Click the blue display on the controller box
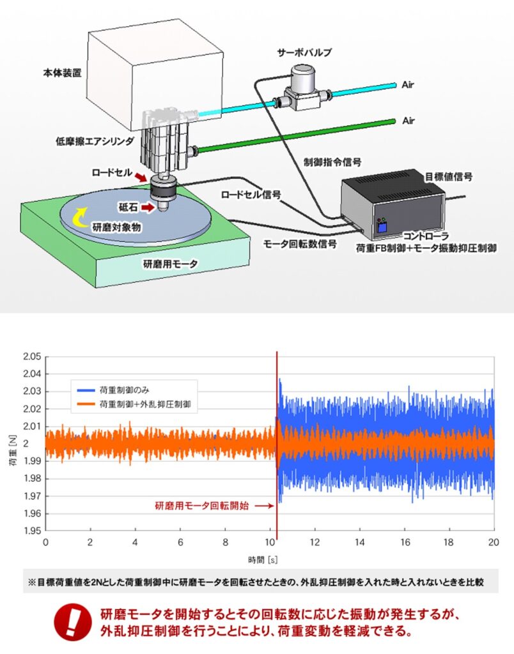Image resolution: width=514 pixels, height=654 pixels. tap(382, 227)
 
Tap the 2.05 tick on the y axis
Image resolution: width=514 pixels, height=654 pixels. tap(31, 356)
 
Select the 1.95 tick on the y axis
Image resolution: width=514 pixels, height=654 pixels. tap(31, 531)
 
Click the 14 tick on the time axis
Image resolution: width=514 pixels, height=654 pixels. tap(359, 542)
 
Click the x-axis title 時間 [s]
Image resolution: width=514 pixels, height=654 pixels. tap(263, 559)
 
